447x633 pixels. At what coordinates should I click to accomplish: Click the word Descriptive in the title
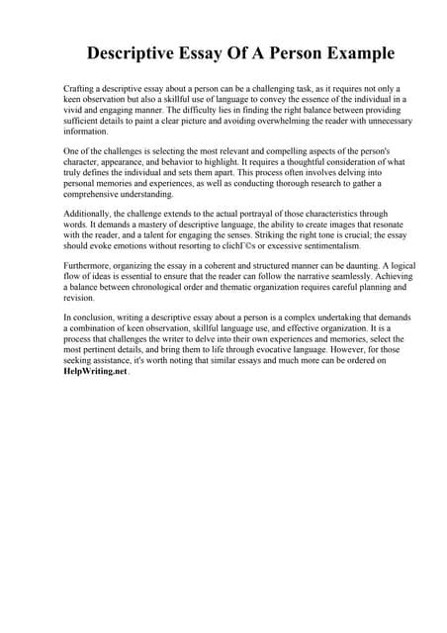click(x=145, y=52)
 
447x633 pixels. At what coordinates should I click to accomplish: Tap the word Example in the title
click(x=351, y=52)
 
